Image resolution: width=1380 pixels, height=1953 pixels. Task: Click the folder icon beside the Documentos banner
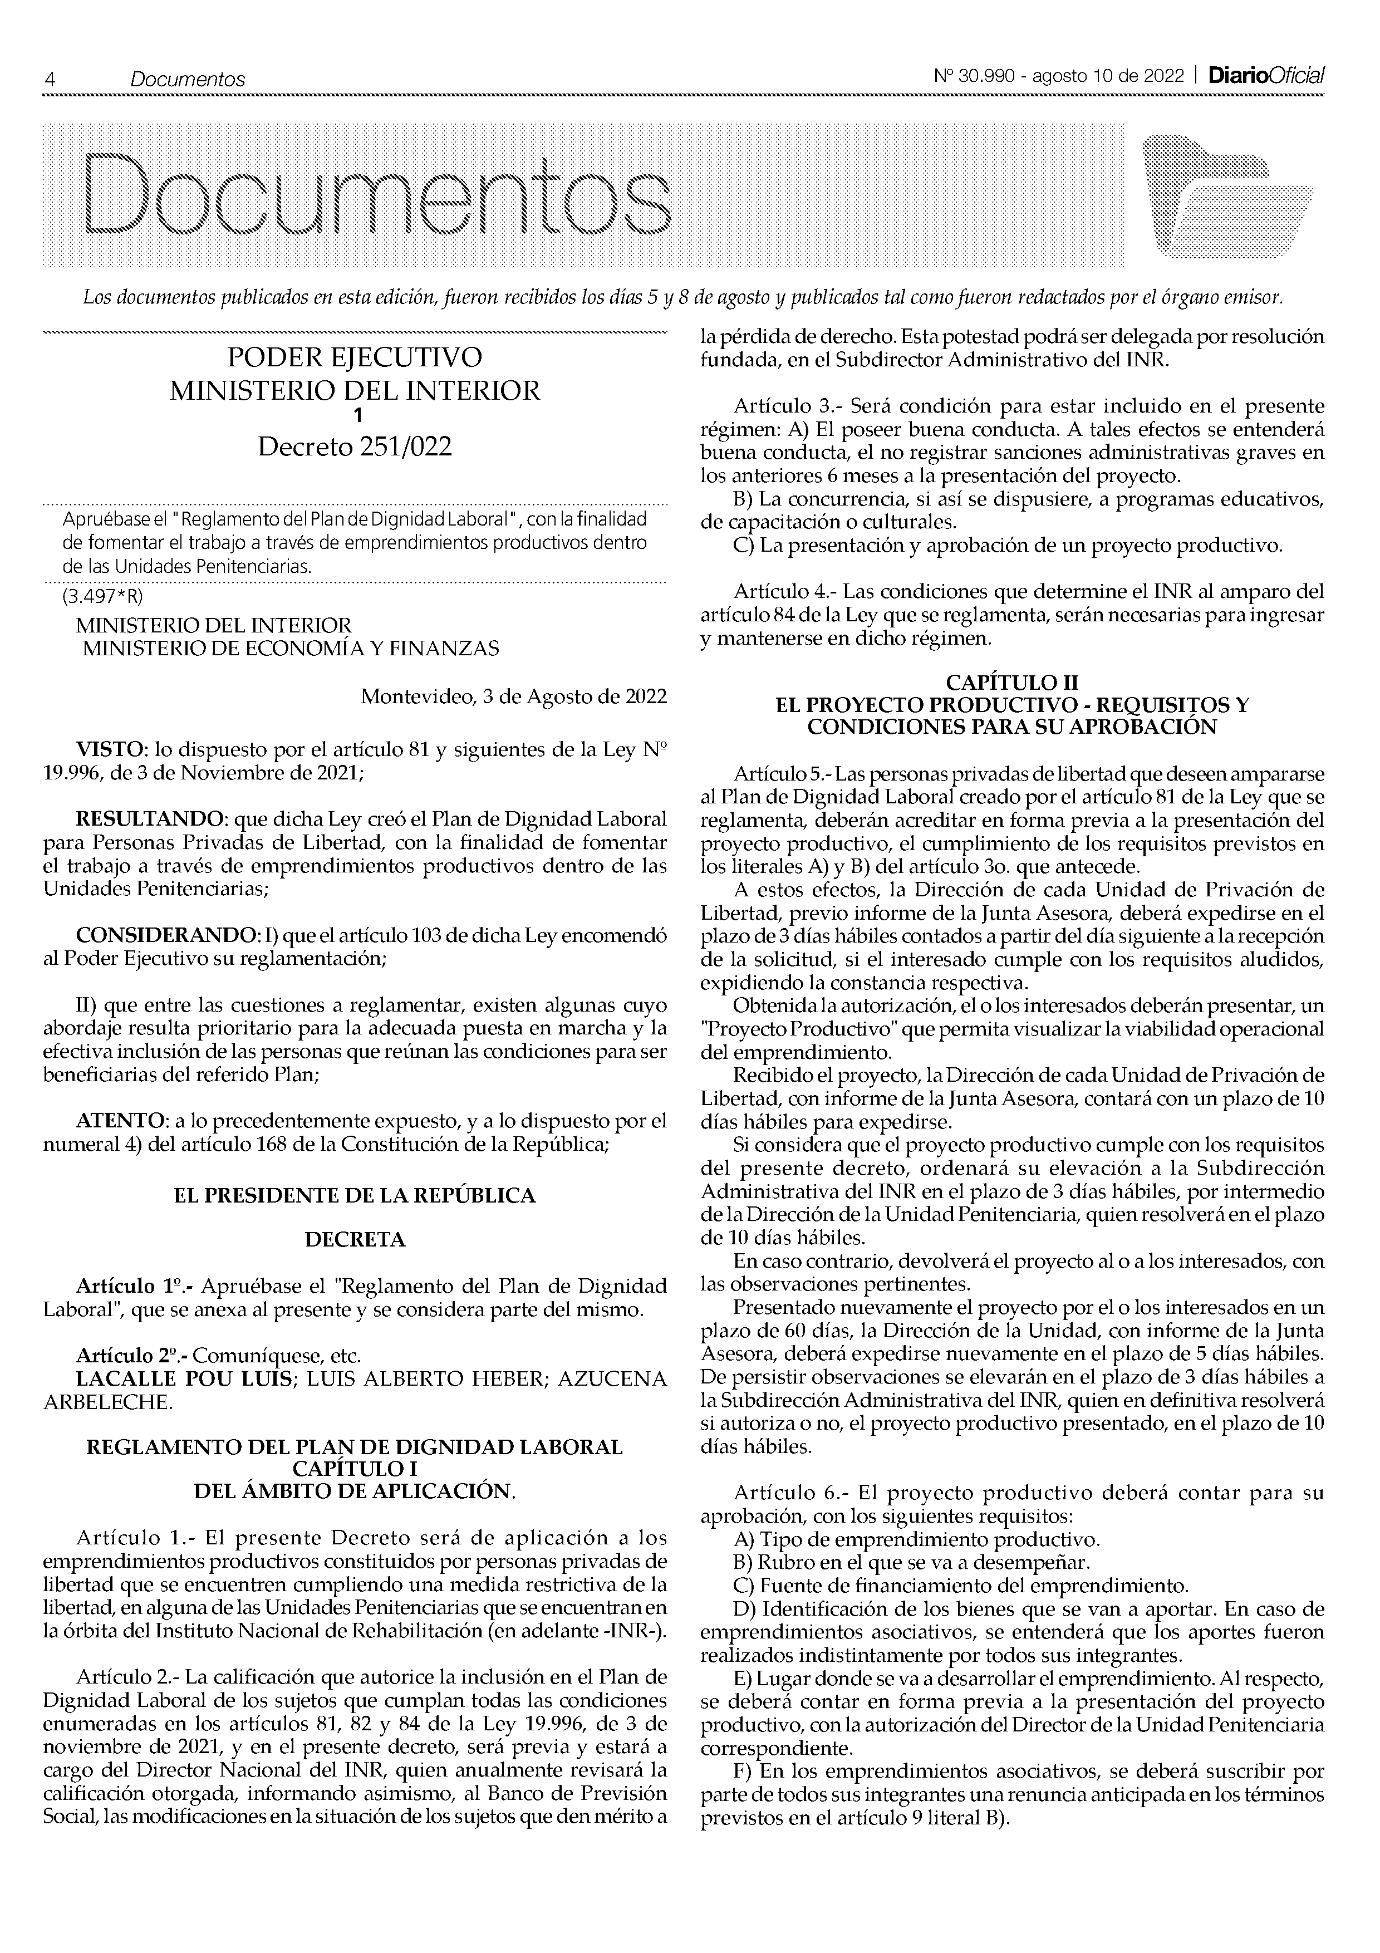1228,197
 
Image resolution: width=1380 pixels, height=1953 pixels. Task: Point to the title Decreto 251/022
355,446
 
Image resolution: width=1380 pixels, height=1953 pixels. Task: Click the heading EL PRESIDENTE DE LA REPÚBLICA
355,1195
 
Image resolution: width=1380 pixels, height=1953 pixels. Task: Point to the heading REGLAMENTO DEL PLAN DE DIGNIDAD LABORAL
355,1447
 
